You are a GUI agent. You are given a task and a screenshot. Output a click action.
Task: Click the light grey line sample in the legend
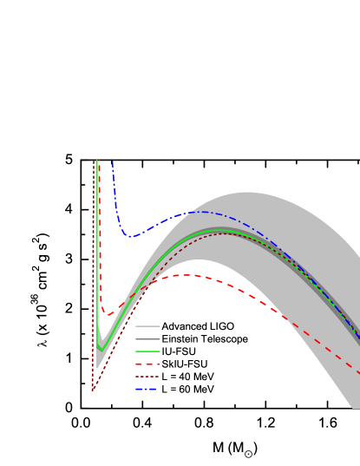(147, 326)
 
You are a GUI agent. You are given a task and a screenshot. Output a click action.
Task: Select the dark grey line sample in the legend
(147, 338)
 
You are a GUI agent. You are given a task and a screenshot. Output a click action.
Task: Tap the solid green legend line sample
(147, 351)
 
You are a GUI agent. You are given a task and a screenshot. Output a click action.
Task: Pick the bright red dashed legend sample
(147, 364)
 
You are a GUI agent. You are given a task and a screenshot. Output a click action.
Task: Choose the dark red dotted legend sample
(147, 377)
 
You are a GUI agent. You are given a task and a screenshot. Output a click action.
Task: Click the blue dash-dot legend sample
(147, 389)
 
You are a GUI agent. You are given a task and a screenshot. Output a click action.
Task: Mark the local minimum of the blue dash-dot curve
(130, 236)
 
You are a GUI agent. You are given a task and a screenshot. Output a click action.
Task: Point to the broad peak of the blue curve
(201, 212)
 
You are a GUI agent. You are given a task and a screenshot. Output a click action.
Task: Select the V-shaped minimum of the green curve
(101, 350)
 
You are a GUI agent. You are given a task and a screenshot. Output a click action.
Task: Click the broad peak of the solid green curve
(224, 232)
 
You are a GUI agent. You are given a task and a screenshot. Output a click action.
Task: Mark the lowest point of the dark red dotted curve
(93, 391)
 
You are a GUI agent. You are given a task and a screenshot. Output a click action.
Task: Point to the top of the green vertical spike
(96, 161)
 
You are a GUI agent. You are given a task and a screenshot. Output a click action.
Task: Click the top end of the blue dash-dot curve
(112, 161)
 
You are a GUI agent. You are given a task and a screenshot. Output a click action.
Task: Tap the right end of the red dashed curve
(359, 373)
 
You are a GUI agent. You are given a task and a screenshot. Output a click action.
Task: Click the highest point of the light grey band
(246, 193)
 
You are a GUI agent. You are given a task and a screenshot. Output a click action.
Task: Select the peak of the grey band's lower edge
(198, 260)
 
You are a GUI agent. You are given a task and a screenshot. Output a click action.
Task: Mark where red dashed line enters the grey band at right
(285, 317)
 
